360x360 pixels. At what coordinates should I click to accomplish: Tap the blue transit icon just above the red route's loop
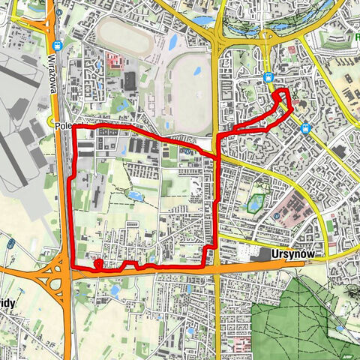coord(268,77)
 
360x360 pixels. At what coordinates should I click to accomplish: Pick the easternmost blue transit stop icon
coord(305,128)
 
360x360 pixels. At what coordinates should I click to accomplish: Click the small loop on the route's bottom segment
coord(97,264)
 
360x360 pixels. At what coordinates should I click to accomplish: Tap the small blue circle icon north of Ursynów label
coord(277,217)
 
